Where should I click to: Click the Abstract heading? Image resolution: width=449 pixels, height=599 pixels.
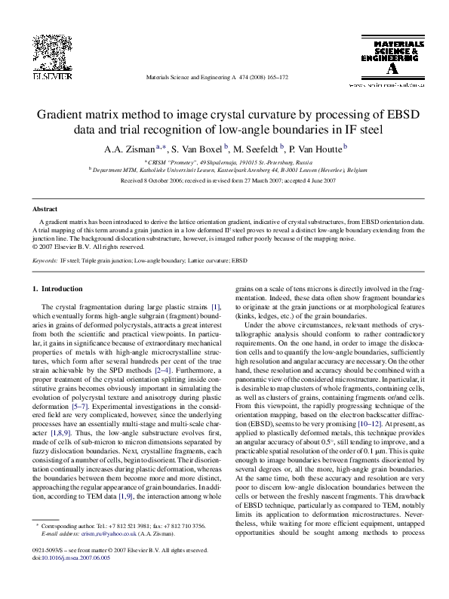[x=46, y=208]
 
